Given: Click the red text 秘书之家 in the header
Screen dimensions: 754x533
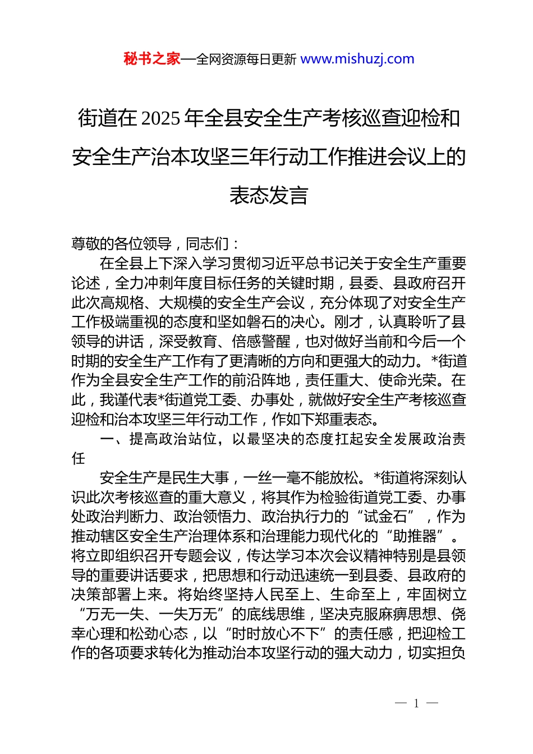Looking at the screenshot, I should [152, 59].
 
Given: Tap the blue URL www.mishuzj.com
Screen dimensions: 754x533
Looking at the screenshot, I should [357, 59].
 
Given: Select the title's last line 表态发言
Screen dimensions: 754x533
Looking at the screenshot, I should [269, 195].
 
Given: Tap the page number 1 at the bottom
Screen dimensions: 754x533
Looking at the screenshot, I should [416, 704].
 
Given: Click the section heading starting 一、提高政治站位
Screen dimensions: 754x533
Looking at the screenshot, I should [268, 439].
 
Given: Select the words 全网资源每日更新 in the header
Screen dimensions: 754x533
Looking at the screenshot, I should [246, 59].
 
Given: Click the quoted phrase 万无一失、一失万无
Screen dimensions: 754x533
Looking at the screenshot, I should [151, 614].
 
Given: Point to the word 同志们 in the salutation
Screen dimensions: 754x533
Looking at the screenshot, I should [208, 243].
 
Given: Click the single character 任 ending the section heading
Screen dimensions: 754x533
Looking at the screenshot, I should [79, 458].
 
